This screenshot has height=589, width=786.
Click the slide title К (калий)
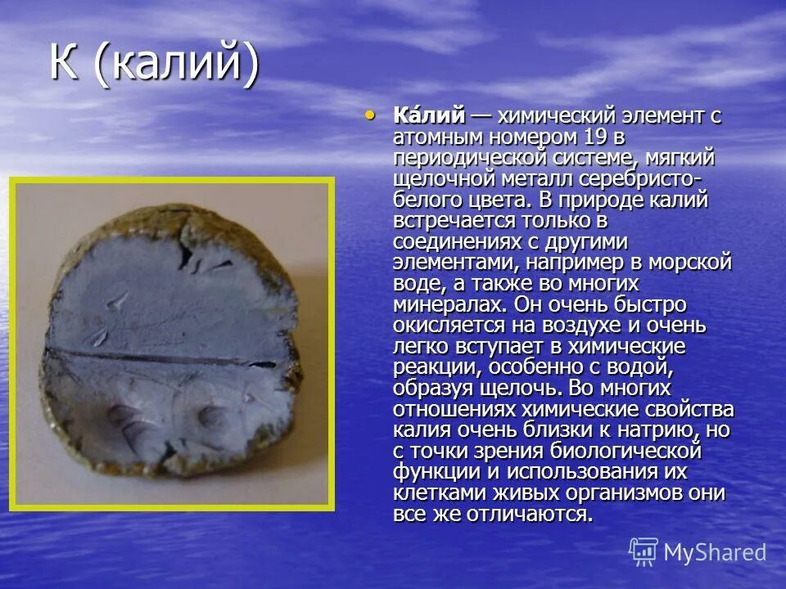point(155,65)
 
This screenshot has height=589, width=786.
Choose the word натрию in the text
point(655,430)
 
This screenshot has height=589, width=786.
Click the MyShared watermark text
point(715,552)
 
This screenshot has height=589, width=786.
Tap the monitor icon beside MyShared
point(644,552)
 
